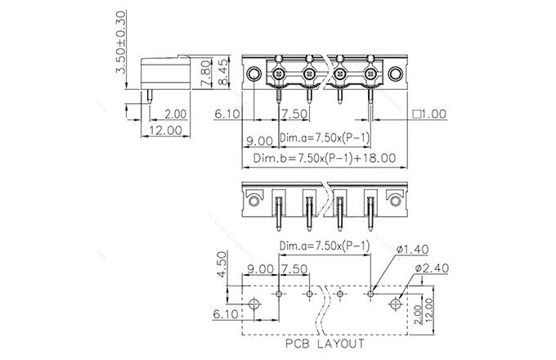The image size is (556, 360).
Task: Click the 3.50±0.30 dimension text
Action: [121, 43]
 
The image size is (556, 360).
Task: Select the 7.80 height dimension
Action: [205, 79]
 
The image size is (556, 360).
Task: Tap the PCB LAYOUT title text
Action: [325, 344]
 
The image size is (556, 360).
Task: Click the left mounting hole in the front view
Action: [254, 75]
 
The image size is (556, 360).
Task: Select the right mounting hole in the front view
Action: [395, 75]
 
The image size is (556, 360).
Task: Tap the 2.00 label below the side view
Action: [175, 115]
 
